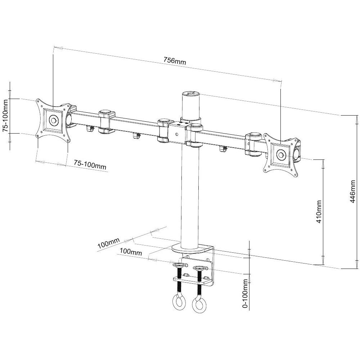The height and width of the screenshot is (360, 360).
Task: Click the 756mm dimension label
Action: [x=175, y=61]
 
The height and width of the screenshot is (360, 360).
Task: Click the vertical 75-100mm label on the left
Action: [x=6, y=116]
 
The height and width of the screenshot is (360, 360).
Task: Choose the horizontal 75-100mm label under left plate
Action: [x=90, y=165]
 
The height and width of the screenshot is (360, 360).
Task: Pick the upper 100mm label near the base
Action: [x=108, y=245]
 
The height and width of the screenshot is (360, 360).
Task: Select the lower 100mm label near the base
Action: [x=131, y=252]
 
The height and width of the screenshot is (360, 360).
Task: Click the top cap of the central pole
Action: [x=190, y=94]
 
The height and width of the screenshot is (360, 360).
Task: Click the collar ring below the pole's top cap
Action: [x=190, y=118]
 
